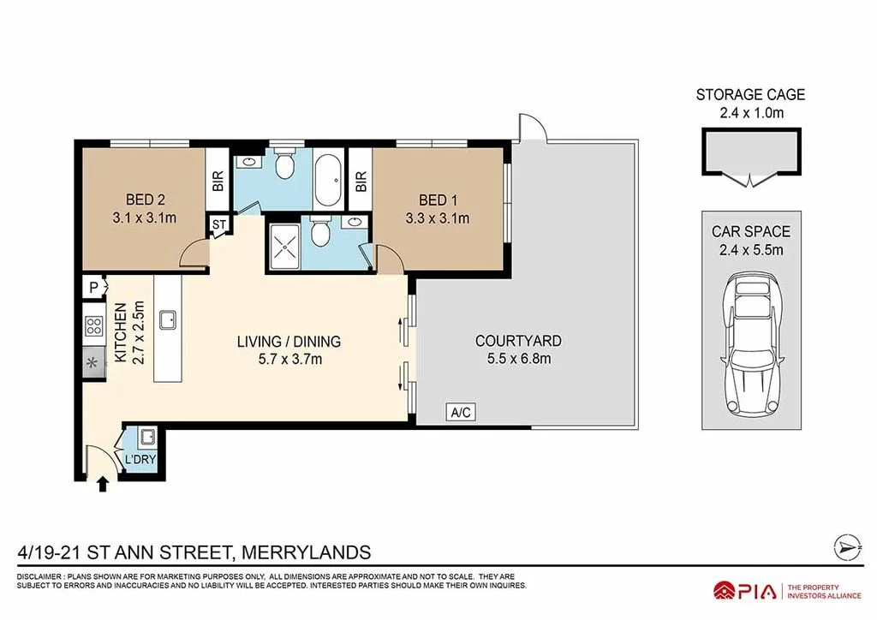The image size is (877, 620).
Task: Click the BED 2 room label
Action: tap(143, 200)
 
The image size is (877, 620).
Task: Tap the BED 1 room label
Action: tap(437, 200)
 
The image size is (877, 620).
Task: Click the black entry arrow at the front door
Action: tap(104, 485)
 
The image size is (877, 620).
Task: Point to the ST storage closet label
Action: tap(219, 224)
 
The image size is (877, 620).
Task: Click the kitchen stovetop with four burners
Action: tap(92, 326)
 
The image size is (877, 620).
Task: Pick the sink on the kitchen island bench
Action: tap(169, 319)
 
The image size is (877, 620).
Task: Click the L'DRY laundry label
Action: tap(140, 460)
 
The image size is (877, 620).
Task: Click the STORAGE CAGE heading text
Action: tap(750, 95)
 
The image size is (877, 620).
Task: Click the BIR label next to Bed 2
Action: tap(218, 182)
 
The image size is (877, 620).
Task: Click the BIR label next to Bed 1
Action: tap(361, 182)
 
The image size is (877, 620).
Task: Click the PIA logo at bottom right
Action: tap(745, 590)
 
